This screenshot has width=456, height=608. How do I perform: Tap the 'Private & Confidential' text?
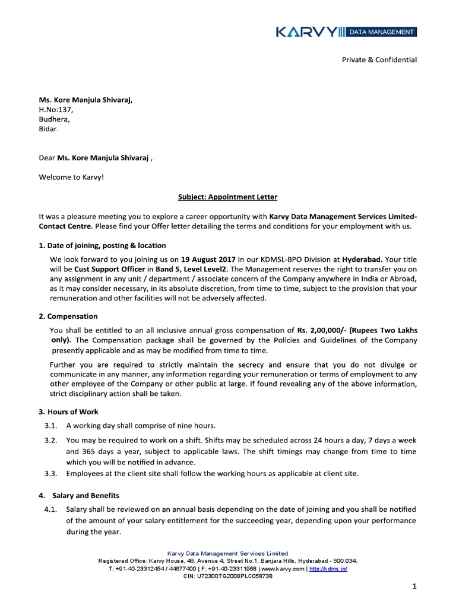tap(378, 59)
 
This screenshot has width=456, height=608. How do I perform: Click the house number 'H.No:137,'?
tap(56, 109)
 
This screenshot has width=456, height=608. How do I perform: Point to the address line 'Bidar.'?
tap(49, 128)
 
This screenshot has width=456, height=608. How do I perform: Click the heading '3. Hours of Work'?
tap(68, 411)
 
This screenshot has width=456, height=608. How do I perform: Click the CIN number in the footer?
tap(228, 576)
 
